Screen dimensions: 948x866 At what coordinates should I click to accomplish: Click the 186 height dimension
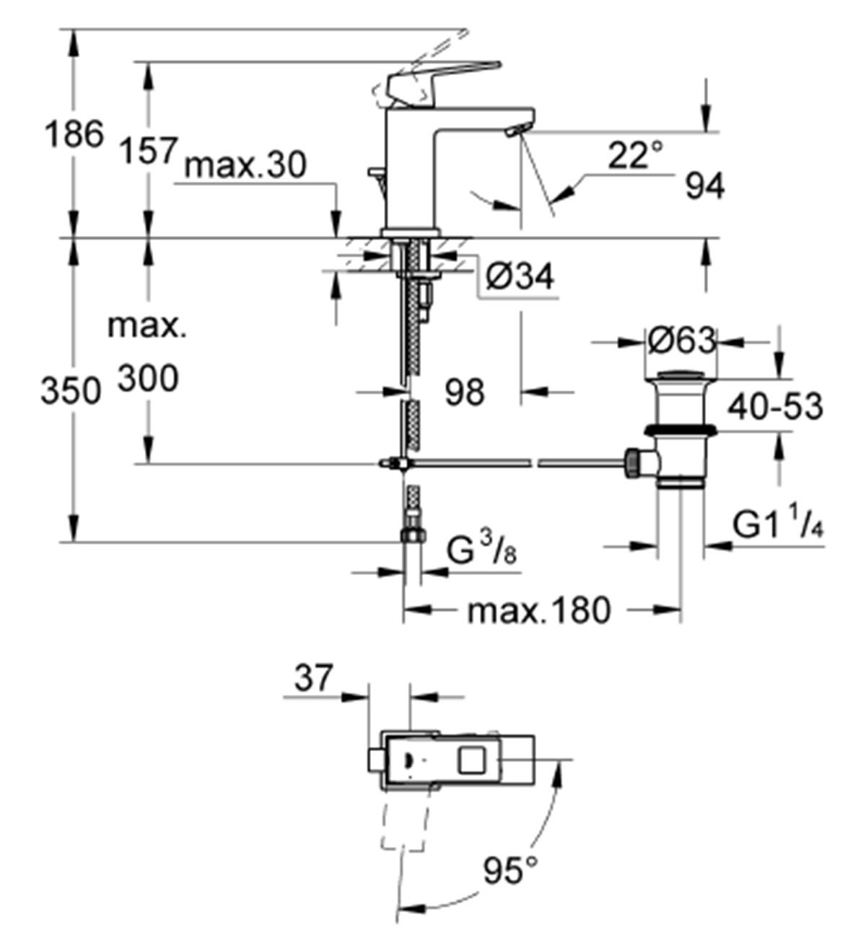coord(73,135)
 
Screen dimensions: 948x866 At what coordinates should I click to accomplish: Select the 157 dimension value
coord(146,152)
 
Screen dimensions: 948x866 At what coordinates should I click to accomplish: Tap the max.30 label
coord(246,166)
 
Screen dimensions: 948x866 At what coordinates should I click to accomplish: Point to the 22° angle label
coord(634,155)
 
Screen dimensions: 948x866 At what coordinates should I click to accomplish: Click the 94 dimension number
coord(704,187)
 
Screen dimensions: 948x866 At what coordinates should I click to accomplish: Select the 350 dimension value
coord(69,392)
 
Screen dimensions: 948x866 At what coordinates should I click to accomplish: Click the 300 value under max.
coord(147,378)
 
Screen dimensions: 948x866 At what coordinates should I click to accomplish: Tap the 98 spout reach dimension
coord(464,392)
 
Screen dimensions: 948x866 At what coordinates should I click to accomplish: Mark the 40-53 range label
coord(775,408)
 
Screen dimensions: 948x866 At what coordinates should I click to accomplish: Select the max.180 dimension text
coord(539,611)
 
